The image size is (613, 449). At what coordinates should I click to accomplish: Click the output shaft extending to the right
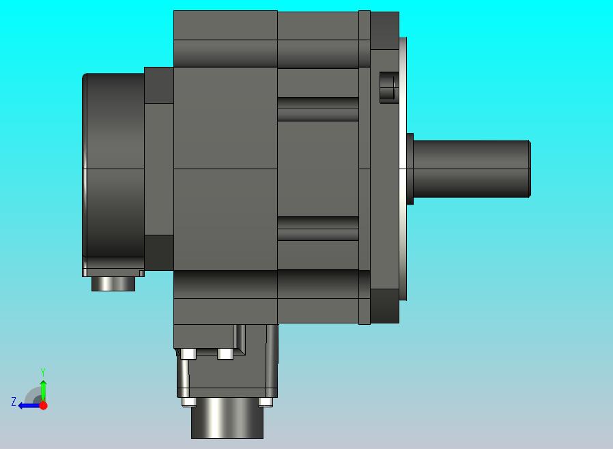(472, 169)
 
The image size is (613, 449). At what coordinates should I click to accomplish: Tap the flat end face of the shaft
(530, 169)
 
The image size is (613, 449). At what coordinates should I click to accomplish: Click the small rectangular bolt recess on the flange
(388, 87)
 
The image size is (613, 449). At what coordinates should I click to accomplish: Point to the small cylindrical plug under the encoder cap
(113, 284)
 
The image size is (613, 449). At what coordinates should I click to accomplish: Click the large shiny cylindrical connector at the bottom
(227, 418)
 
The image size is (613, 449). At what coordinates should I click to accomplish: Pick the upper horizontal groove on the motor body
(318, 109)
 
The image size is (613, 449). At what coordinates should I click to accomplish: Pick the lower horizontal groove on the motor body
(318, 229)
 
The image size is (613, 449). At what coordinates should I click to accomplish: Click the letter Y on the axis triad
(43, 372)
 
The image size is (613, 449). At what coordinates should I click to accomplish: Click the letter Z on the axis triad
(14, 402)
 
